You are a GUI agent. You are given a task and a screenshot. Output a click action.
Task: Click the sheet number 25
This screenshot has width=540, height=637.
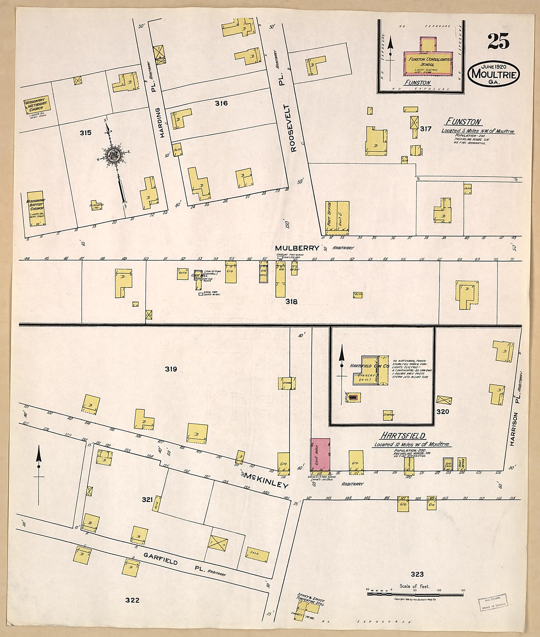[x=499, y=41]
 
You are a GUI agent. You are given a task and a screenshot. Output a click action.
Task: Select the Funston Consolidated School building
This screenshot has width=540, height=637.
[x=427, y=63]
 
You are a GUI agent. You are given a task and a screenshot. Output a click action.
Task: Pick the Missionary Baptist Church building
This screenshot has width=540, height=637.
[x=36, y=208]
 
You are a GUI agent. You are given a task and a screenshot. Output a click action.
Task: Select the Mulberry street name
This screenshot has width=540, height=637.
[x=297, y=248]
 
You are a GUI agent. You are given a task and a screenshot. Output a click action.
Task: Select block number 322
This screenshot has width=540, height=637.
[x=132, y=600]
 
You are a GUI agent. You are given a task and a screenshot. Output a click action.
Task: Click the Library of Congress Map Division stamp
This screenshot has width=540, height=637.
[x=492, y=601]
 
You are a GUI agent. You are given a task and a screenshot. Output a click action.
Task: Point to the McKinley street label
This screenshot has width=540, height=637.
[x=266, y=480]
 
